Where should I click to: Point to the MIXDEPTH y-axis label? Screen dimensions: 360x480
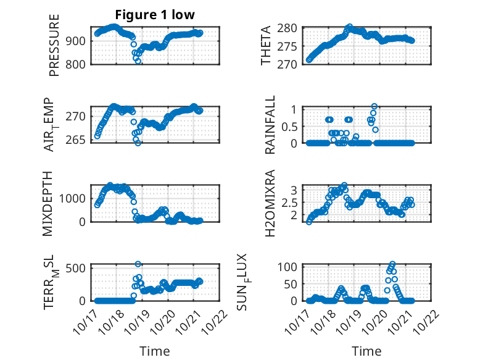pos(48,203)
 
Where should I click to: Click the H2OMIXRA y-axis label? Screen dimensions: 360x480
pos(270,203)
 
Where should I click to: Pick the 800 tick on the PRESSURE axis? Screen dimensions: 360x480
pos(81,63)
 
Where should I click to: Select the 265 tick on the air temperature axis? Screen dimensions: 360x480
pos(81,140)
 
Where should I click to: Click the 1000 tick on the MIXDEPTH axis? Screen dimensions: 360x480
pos(76,198)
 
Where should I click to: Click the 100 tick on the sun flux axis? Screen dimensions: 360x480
pos(291,267)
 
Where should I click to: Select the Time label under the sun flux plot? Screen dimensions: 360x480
pos(366,351)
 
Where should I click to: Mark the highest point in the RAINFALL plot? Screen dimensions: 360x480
pos(374,106)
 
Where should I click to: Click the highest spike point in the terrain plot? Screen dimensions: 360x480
pos(138,264)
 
